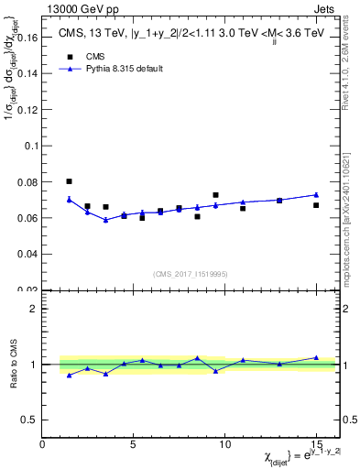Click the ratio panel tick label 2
click(34, 309)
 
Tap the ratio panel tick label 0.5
click(29, 420)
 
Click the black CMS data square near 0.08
click(69, 181)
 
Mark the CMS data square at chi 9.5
click(215, 195)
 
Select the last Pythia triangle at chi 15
click(316, 194)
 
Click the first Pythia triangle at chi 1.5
click(69, 199)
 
